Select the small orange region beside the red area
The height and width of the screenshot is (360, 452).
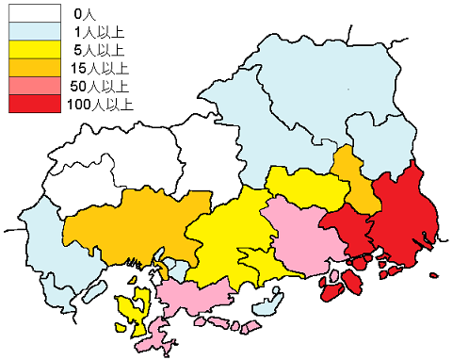351,179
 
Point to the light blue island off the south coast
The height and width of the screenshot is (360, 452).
269,303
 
